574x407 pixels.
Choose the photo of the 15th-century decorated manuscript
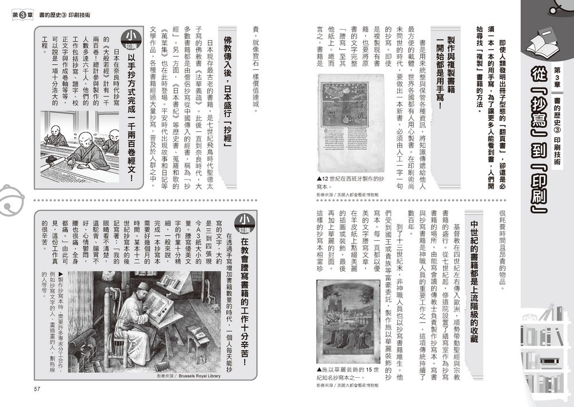pyautogui.click(x=348, y=322)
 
